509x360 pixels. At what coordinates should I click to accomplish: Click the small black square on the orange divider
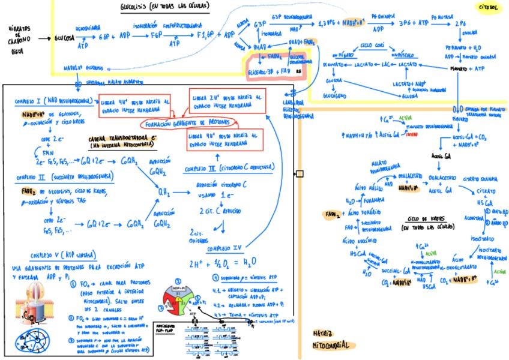pyautogui.click(x=300, y=174)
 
